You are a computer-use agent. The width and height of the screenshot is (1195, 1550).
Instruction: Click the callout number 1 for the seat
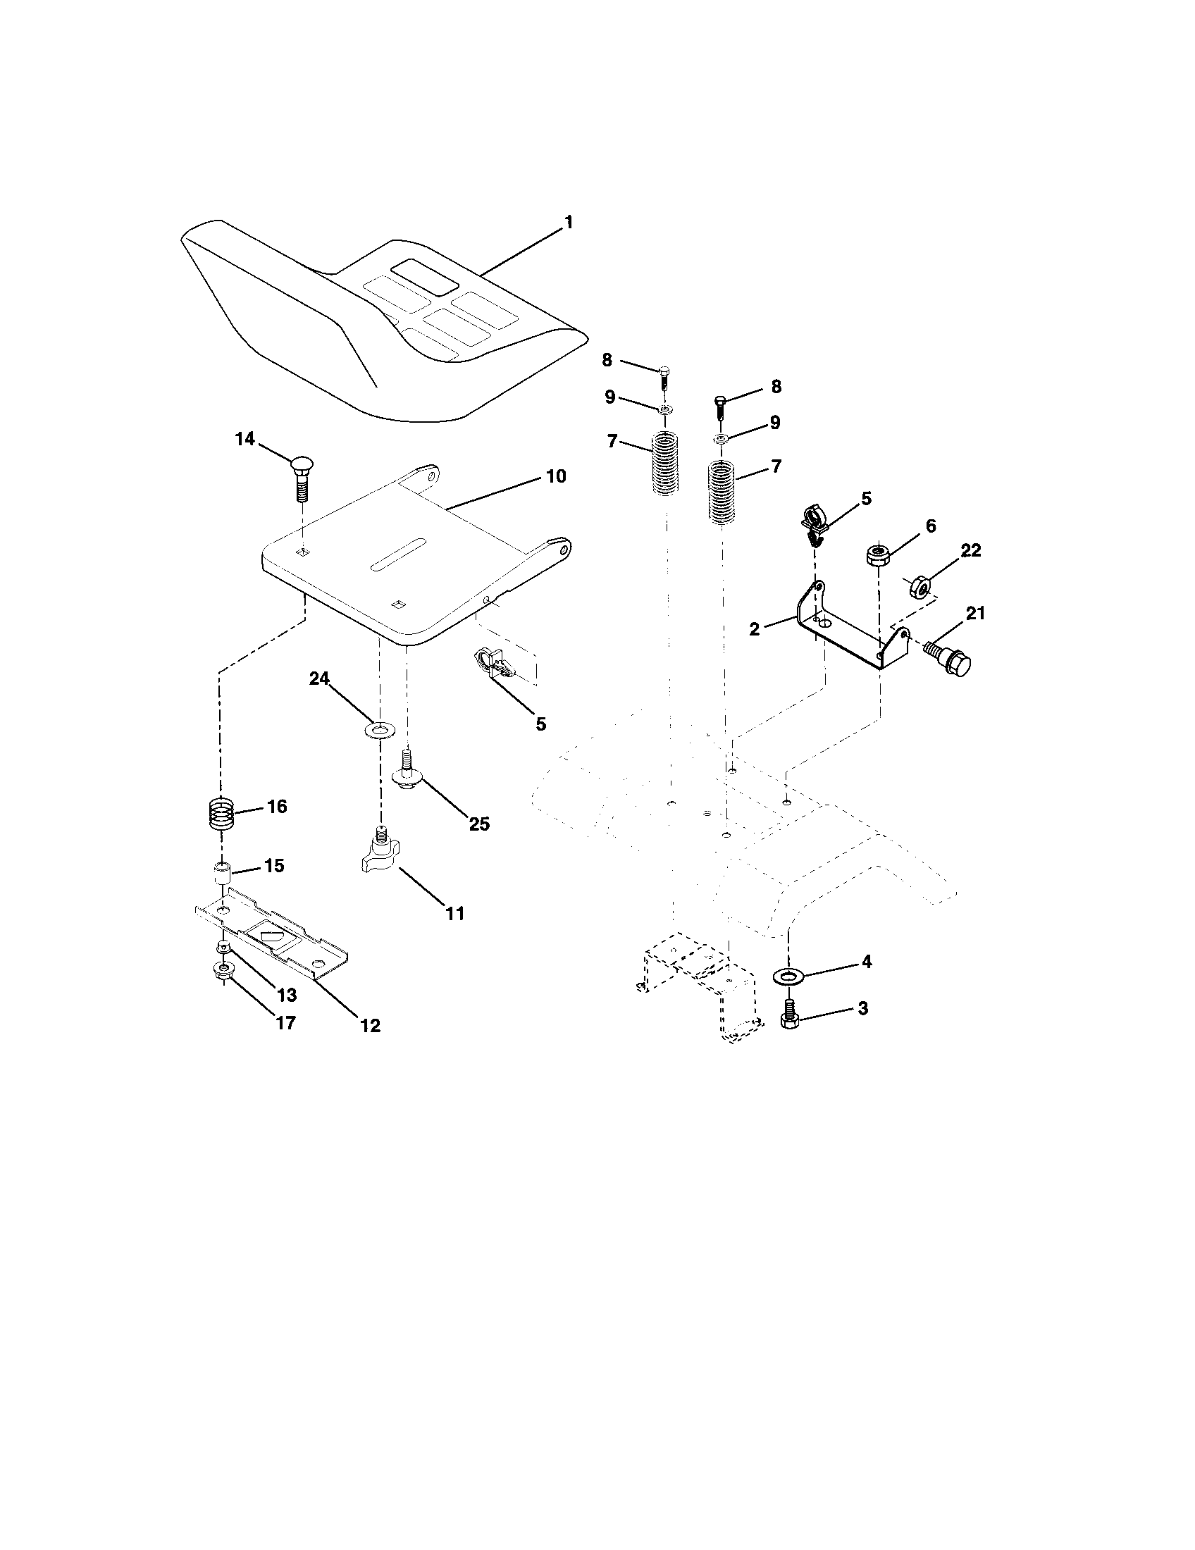coord(567,223)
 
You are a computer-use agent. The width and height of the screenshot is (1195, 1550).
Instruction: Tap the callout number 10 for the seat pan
coord(556,476)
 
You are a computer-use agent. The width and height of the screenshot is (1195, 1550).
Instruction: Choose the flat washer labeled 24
coord(380,729)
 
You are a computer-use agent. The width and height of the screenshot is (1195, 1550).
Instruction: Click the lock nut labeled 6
coord(879,554)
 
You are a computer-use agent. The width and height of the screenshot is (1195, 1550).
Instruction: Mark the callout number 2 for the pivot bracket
coord(754,628)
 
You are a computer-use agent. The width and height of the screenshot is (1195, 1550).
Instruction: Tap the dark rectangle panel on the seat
coord(427,277)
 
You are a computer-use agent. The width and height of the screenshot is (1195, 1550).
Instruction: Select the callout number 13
coord(286,995)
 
